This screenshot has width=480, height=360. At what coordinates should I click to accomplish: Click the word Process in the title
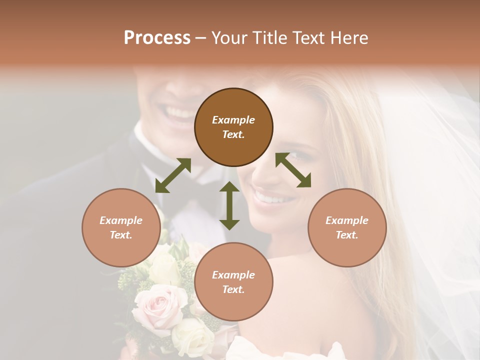[x=157, y=38]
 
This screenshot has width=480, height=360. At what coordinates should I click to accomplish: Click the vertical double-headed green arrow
[x=229, y=206]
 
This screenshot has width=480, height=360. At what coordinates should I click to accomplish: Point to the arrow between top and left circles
[x=173, y=175]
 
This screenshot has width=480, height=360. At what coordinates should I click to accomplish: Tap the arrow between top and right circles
[x=293, y=170]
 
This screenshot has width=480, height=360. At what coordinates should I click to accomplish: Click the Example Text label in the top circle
[x=233, y=127]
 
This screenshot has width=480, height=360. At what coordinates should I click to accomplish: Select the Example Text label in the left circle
[x=121, y=227]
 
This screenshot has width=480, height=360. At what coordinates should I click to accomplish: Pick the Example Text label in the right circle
[x=347, y=227]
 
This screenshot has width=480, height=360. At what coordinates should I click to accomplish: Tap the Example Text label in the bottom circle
[x=233, y=282]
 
